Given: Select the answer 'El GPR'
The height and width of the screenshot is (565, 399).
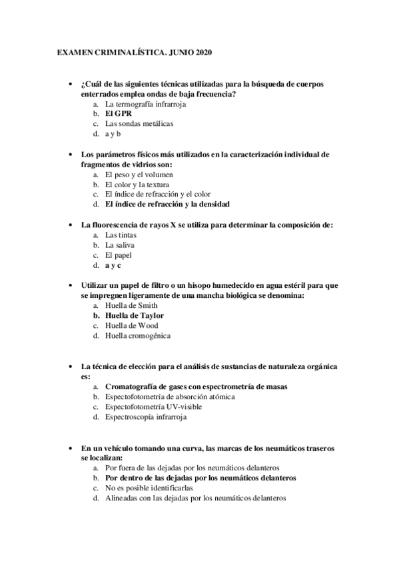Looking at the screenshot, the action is [x=119, y=113].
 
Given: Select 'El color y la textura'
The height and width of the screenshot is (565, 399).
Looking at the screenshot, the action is [x=137, y=183].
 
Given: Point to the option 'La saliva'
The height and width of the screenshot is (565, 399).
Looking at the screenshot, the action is [x=120, y=245].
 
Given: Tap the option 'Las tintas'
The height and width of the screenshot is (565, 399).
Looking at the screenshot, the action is [x=121, y=235].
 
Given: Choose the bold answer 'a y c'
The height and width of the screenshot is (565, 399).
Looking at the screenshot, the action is [x=113, y=265].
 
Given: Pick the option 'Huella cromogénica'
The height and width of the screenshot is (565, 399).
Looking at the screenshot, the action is [x=138, y=335].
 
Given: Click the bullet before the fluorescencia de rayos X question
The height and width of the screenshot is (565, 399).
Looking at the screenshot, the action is [x=71, y=225].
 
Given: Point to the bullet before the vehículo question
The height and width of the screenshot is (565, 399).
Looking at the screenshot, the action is [x=71, y=448].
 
